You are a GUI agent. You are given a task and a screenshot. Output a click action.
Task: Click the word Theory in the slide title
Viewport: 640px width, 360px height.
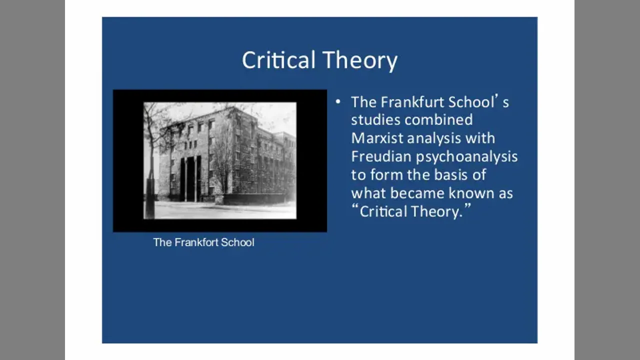point(360,61)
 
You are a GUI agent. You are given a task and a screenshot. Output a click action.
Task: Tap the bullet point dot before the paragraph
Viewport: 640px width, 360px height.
point(338,101)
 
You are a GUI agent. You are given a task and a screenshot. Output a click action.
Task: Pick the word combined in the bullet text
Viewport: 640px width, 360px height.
point(438,119)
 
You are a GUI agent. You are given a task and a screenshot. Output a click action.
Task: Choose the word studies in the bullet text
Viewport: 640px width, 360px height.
point(375,119)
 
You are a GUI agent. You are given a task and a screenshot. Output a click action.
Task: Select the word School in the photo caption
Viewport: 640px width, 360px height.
point(237,242)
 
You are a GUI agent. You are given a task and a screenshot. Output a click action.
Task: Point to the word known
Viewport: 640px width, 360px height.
point(471,193)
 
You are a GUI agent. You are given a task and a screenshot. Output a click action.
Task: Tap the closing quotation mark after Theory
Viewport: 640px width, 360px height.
point(467,206)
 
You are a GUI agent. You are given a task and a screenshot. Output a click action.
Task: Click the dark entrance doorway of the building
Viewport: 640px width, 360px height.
point(190,178)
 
